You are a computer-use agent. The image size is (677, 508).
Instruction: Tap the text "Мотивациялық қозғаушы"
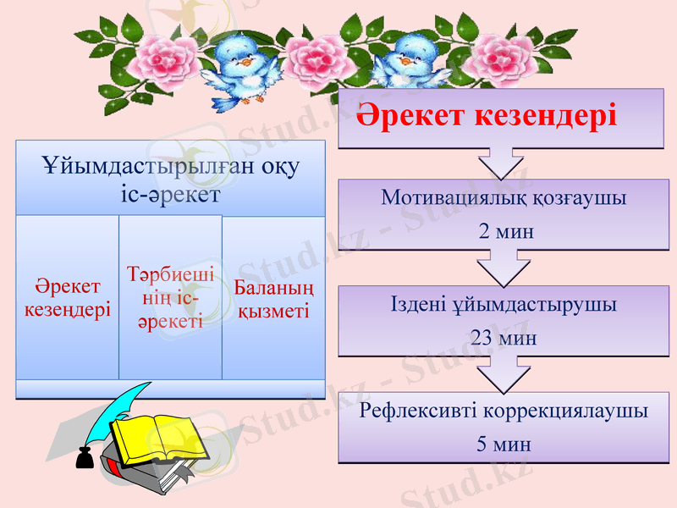(504, 199)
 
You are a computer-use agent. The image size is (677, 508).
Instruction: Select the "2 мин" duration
(506, 230)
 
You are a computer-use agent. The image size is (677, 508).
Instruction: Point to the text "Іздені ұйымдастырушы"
(504, 305)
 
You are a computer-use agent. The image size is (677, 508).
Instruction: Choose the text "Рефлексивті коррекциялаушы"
(504, 411)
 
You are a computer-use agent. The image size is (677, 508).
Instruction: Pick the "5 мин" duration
(504, 444)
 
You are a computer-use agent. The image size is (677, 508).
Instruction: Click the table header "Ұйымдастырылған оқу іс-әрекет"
(170, 179)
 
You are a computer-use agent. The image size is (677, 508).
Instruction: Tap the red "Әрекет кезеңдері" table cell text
(68, 299)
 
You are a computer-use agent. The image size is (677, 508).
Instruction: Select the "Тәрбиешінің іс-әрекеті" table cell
(170, 297)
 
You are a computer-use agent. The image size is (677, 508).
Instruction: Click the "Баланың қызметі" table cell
(272, 299)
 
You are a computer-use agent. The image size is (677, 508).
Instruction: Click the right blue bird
(413, 63)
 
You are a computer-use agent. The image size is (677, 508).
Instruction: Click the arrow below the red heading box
(501, 163)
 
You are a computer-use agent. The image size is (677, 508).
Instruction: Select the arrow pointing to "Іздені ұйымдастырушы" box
(502, 270)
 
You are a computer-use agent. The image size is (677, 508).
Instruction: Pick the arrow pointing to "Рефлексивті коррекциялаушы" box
(503, 377)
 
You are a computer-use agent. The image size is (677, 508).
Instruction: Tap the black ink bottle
(84, 457)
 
